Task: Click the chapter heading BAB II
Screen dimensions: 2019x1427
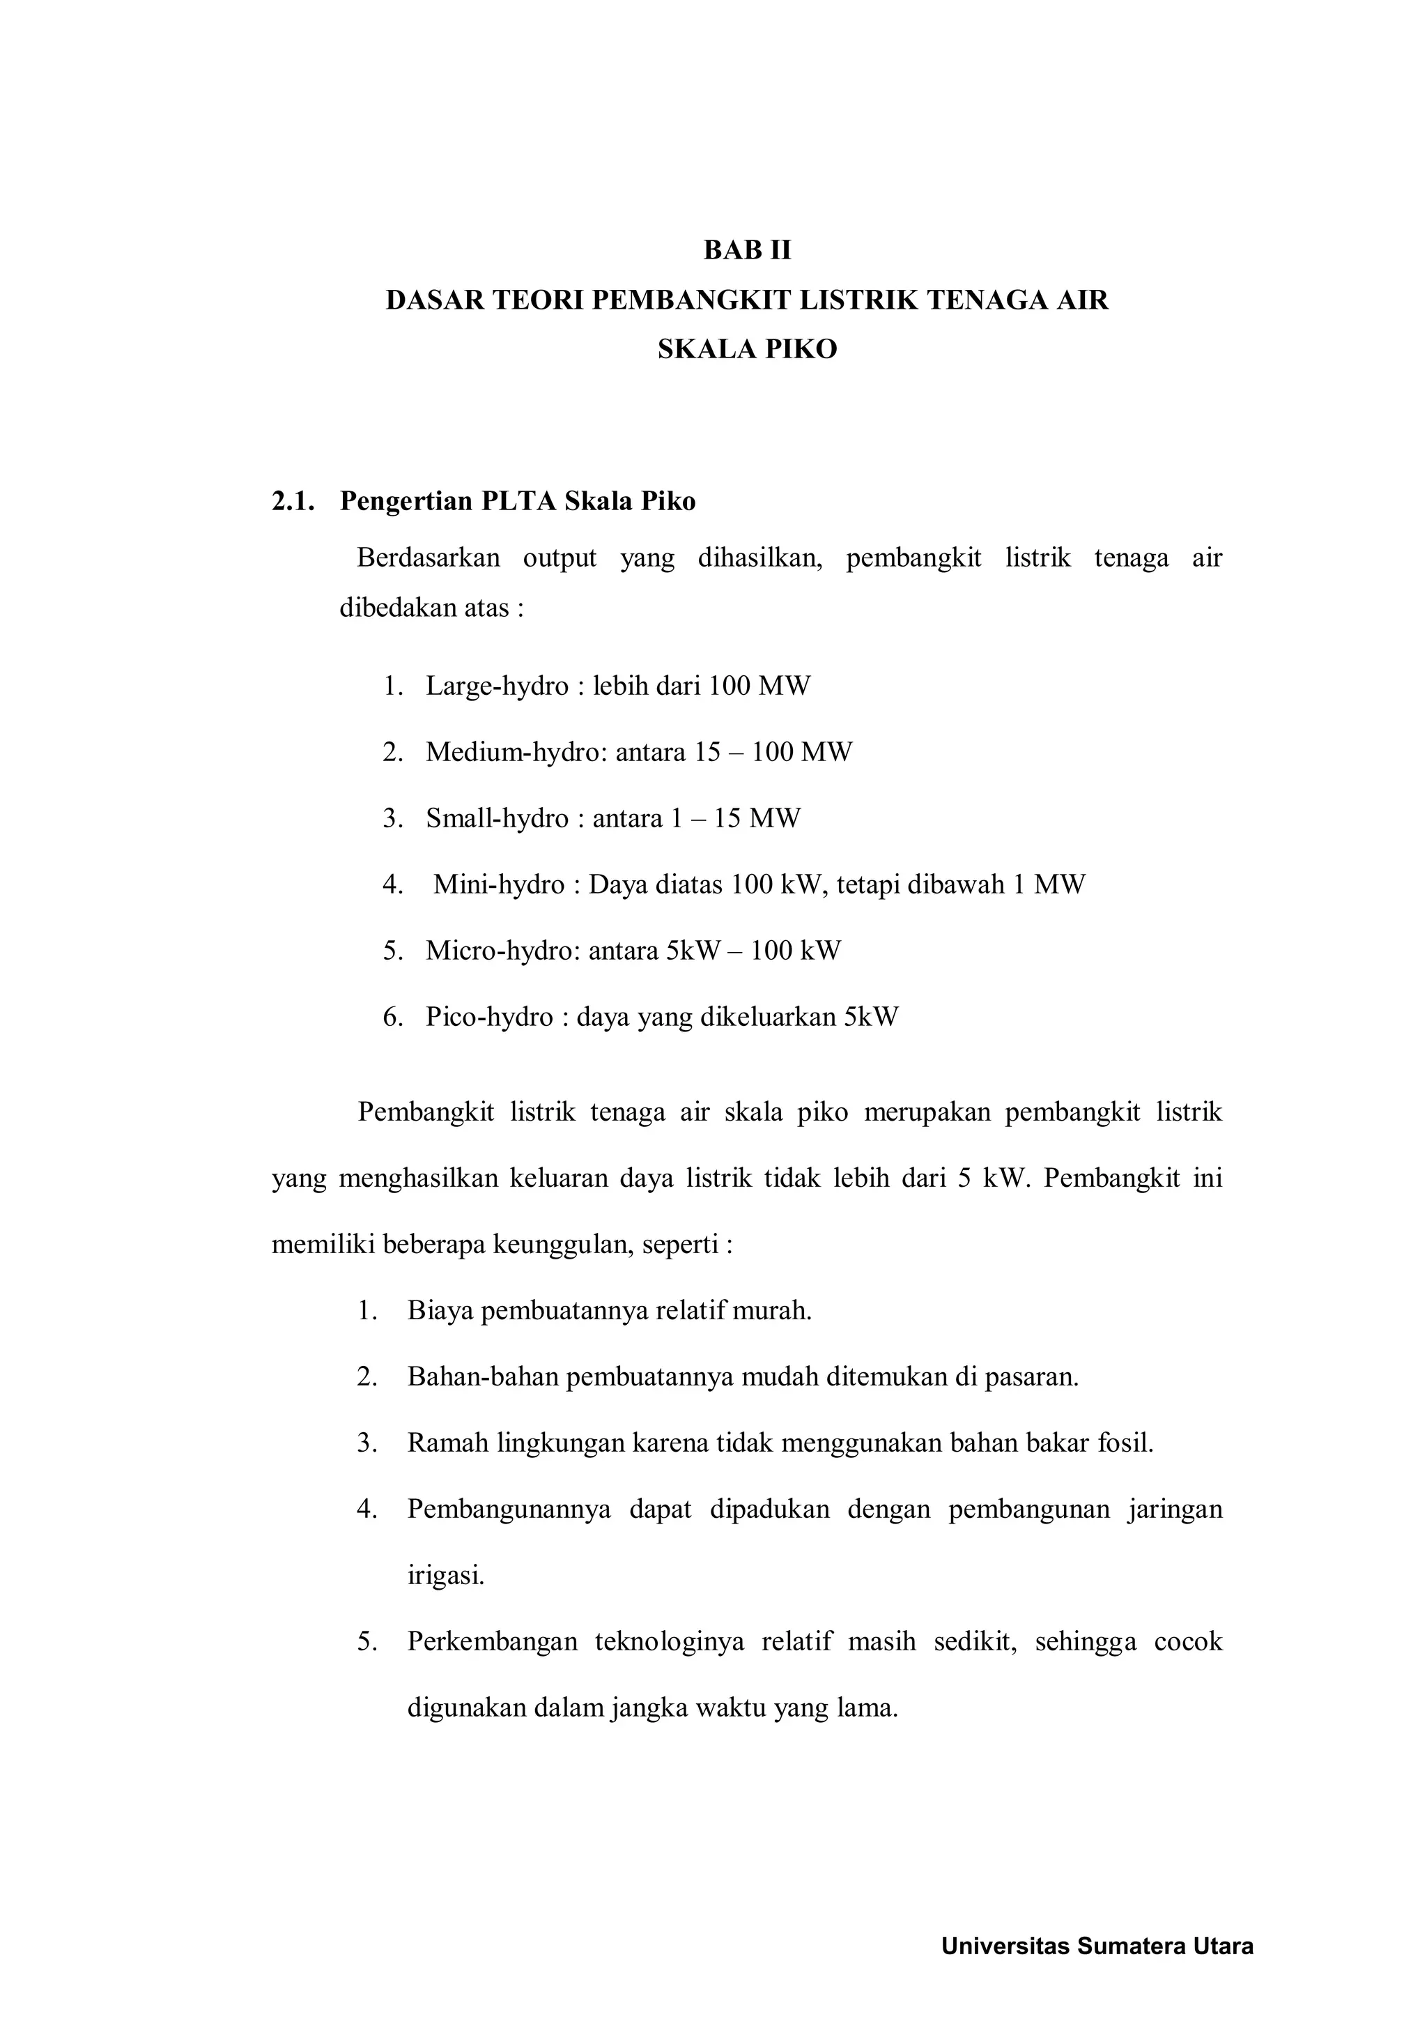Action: pyautogui.click(x=748, y=251)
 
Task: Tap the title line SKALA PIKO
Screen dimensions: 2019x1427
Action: pyautogui.click(x=748, y=350)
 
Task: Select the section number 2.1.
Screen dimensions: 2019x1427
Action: pyautogui.click(x=293, y=501)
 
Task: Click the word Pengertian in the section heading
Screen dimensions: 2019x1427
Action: pyautogui.click(x=406, y=501)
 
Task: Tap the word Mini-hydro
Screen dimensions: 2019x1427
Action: pyautogui.click(x=498, y=884)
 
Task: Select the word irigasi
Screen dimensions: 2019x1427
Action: pyautogui.click(x=446, y=1575)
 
